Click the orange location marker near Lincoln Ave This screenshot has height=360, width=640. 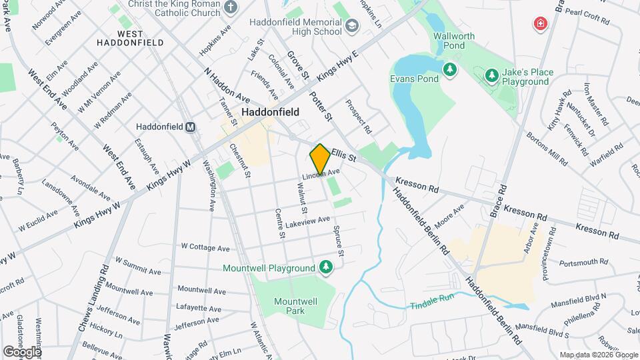coord(320,159)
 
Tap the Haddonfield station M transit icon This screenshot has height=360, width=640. coord(190,127)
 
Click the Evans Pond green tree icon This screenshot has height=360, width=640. coord(451,69)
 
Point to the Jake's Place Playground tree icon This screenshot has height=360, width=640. coord(492,75)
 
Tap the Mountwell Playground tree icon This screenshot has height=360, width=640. coord(325,267)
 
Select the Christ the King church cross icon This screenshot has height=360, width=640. coord(231,8)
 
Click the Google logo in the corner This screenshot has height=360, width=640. coord(21,351)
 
